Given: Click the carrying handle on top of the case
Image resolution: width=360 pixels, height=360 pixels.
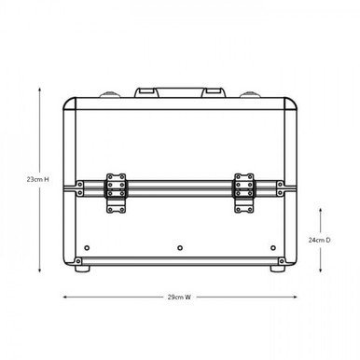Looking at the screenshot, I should tap(180, 92).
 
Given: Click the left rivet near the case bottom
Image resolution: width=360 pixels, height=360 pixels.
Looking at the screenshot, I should tap(87, 248).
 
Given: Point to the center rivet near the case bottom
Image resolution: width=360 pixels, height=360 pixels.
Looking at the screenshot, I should tap(180, 248).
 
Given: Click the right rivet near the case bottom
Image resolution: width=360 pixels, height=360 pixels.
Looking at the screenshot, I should tap(273, 248).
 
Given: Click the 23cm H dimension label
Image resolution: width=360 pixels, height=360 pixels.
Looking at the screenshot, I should tap(37, 177).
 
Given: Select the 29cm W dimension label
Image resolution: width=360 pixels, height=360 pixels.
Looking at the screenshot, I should tap(180, 298).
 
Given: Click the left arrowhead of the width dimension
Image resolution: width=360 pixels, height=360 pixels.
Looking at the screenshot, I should tap(64, 298).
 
